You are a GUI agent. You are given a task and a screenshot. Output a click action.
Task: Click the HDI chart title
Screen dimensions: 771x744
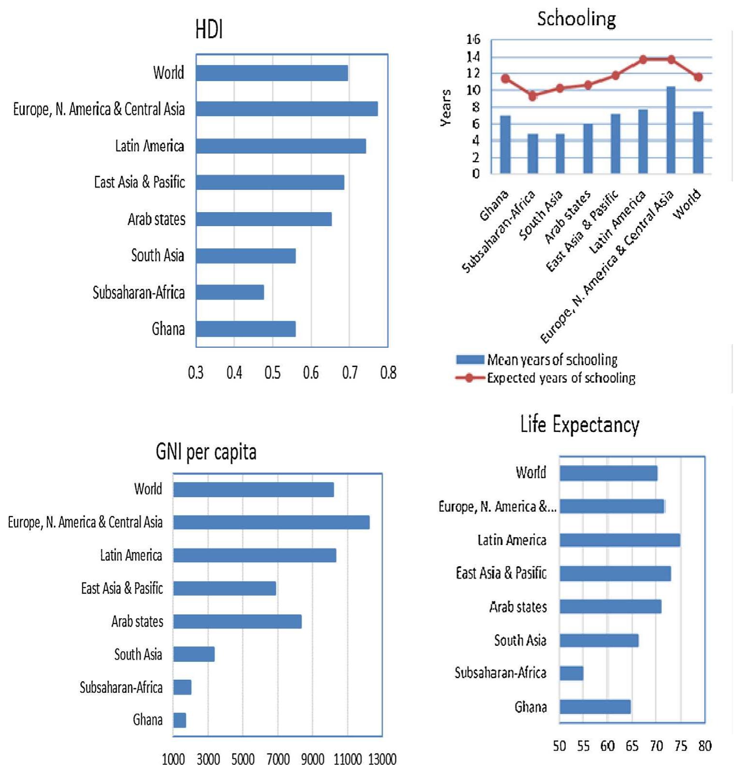click(209, 30)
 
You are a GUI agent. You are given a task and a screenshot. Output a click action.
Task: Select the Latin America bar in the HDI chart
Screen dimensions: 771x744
click(281, 146)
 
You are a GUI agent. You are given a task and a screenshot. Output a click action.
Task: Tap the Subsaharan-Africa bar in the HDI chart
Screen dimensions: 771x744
click(230, 292)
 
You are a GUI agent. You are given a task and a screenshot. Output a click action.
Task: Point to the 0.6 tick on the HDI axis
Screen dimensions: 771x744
click(311, 373)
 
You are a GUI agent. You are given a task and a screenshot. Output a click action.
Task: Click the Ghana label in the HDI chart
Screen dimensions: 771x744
click(168, 329)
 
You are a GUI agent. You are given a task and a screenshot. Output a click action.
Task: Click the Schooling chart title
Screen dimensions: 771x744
click(576, 19)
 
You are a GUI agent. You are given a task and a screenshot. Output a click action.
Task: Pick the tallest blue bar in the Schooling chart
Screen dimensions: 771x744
click(671, 130)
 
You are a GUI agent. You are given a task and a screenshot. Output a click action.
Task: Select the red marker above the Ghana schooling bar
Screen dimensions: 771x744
click(505, 79)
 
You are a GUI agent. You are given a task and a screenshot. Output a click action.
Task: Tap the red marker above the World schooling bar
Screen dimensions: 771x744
click(698, 77)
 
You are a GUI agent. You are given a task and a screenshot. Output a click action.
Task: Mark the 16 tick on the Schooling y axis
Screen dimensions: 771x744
click(474, 40)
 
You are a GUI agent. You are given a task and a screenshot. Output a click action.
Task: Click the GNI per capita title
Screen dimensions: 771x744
click(206, 452)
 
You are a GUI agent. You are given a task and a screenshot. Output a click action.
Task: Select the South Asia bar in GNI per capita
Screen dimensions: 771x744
click(194, 654)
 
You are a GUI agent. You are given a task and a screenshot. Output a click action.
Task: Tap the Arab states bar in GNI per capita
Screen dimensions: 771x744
click(237, 621)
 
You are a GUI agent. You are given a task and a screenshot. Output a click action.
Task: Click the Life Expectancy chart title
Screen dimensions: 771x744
click(579, 425)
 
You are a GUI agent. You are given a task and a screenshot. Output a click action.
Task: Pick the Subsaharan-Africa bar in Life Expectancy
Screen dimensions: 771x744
click(572, 673)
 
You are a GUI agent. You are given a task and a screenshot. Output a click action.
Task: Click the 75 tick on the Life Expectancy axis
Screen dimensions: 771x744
click(681, 746)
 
